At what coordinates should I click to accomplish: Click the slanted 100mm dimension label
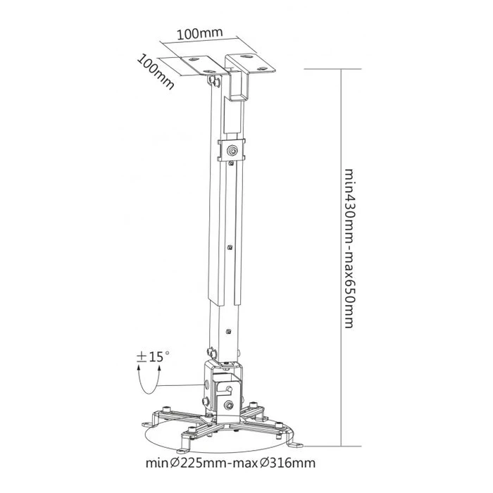point(155,70)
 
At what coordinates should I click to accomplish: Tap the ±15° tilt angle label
point(154,356)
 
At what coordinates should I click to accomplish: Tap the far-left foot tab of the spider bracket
point(146,424)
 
